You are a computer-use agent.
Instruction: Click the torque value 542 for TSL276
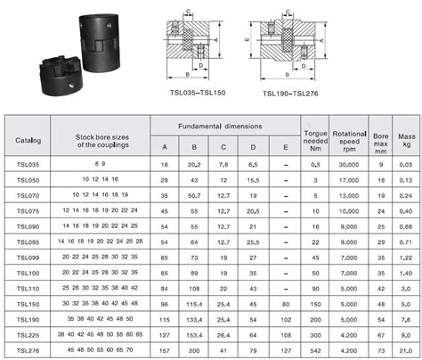[x=312, y=350]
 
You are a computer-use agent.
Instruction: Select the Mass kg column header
[x=405, y=139]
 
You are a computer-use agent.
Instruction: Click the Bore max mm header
[x=380, y=139]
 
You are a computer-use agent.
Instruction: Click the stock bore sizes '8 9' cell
[x=101, y=165]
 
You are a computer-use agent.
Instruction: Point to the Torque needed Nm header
[x=312, y=139]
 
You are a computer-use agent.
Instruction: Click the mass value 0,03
[x=405, y=165]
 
